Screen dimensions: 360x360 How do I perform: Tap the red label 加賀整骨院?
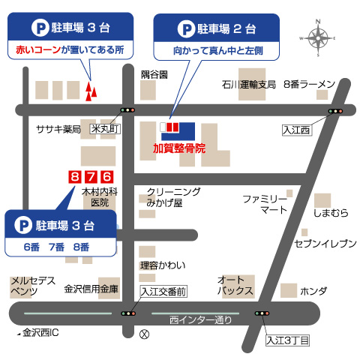[x=179, y=148]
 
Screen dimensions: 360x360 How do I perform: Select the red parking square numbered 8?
[x=73, y=177]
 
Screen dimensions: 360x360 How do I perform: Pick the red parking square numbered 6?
[x=106, y=177]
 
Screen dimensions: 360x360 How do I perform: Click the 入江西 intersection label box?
[x=295, y=130]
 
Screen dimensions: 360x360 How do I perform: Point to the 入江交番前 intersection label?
[x=163, y=290]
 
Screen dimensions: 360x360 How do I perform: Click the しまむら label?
[x=331, y=213]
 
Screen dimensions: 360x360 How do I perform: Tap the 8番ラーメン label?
[x=308, y=84]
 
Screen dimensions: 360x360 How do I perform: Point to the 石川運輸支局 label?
[x=249, y=84]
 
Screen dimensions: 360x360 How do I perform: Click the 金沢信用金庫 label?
[x=91, y=288]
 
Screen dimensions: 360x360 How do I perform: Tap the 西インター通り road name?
[x=201, y=320]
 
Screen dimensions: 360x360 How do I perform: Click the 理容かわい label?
[x=162, y=265]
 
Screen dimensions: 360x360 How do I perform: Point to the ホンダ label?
[x=313, y=289]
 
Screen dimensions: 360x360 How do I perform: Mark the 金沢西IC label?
[x=40, y=331]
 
